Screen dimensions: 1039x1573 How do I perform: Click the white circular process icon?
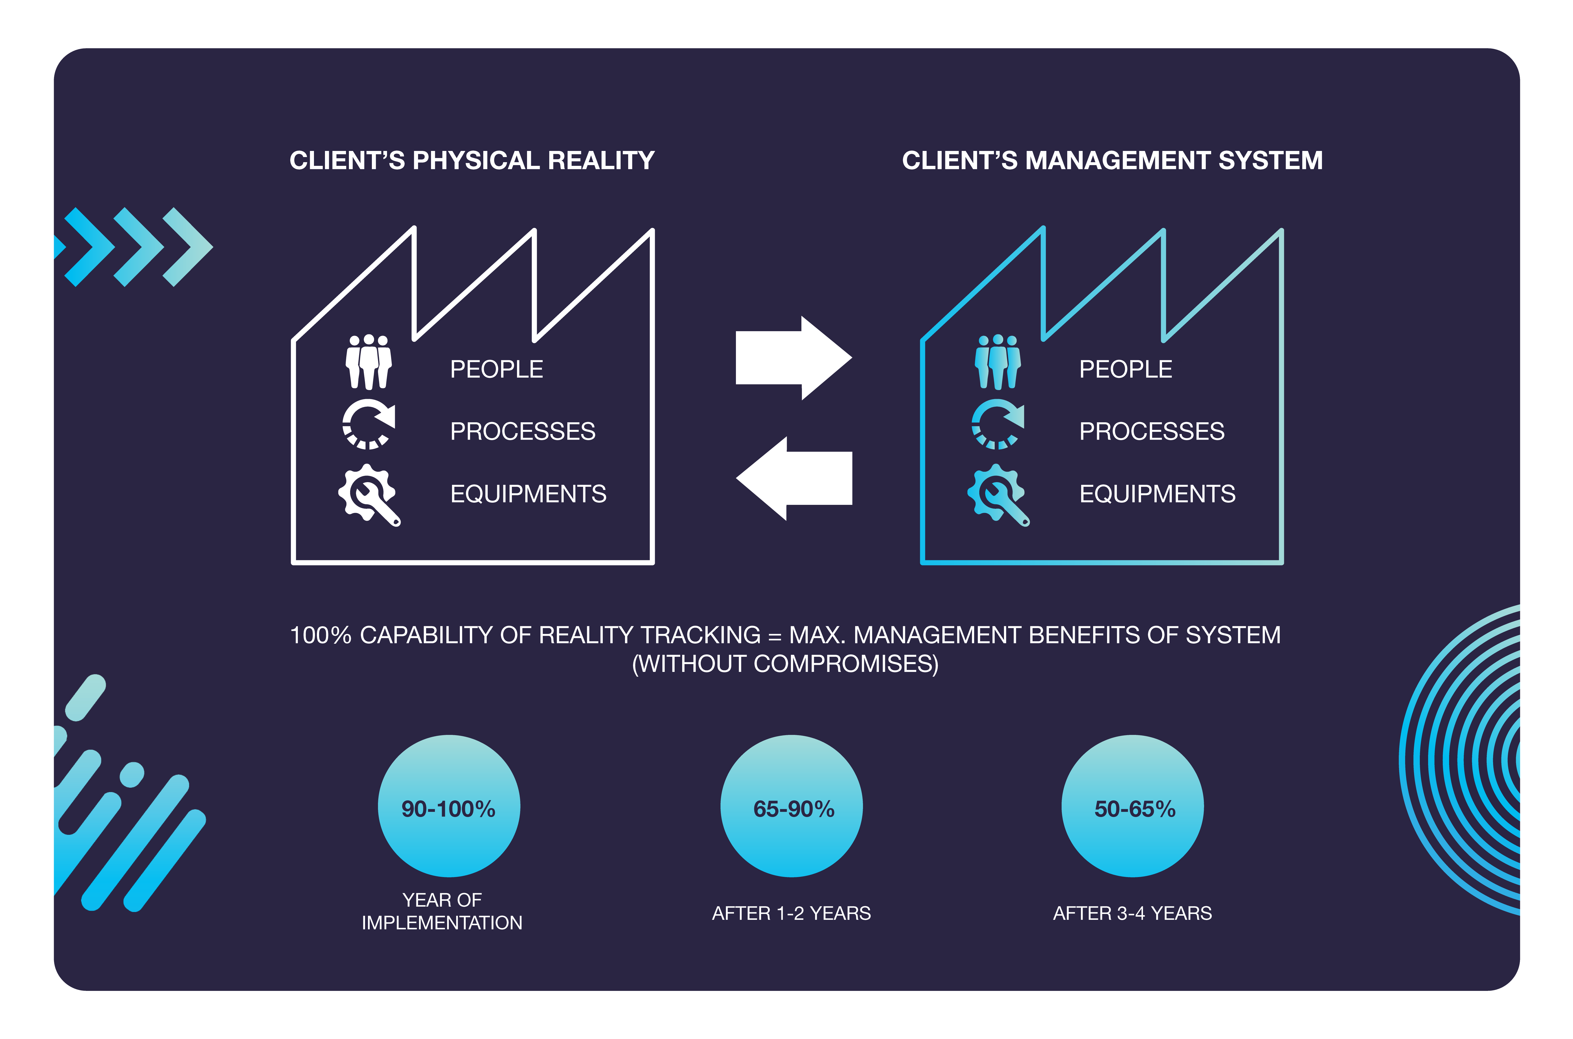(x=368, y=424)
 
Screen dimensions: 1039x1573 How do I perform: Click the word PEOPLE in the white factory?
(x=496, y=369)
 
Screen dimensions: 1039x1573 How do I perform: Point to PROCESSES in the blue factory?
(x=1152, y=431)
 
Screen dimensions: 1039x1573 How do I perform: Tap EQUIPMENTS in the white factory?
(x=528, y=494)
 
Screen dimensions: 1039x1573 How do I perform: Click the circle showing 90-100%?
(x=449, y=806)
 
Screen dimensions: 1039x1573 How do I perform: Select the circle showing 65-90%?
(x=791, y=806)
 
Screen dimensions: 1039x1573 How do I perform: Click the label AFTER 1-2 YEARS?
(x=791, y=913)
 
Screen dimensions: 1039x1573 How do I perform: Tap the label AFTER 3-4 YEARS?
(x=1132, y=913)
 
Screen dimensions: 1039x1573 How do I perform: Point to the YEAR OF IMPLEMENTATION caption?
(x=442, y=911)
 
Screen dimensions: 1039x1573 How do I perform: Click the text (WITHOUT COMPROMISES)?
(x=786, y=664)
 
